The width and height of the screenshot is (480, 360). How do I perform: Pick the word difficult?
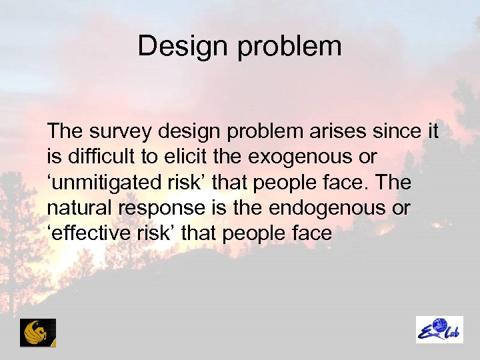point(95,158)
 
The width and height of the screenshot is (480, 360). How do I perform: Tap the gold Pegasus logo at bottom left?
point(38,332)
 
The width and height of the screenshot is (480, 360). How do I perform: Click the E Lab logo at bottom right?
point(439,329)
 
